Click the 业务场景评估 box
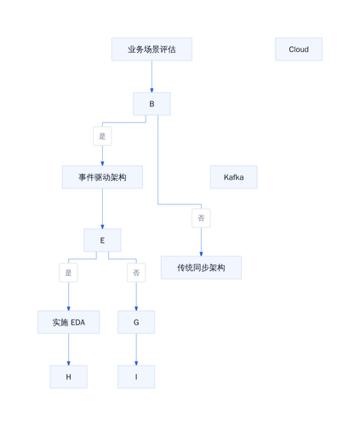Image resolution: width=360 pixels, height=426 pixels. tap(151, 49)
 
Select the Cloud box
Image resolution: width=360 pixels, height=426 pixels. tap(299, 49)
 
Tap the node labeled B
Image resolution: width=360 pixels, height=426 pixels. tap(151, 104)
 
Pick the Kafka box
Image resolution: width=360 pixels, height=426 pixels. tap(234, 177)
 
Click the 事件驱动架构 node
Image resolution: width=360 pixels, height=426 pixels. tap(102, 177)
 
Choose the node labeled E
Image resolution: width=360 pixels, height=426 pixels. tap(102, 240)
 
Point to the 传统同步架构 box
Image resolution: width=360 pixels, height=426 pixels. tap(201, 268)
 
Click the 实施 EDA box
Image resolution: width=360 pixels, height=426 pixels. tap(68, 322)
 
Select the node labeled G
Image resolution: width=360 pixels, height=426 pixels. tap(136, 322)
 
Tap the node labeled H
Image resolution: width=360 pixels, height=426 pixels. tap(68, 377)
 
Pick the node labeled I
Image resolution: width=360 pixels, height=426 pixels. tap(136, 377)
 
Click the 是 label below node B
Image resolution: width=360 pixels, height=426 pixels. tap(102, 136)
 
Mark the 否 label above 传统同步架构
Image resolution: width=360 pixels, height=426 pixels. tap(201, 218)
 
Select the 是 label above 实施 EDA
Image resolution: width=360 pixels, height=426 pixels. tap(68, 273)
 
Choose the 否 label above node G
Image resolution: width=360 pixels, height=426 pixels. tap(136, 273)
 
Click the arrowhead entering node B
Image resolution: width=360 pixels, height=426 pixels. tap(151, 90)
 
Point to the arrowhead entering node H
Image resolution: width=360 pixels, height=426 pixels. tap(68, 363)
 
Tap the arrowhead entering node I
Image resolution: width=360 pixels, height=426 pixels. tap(136, 363)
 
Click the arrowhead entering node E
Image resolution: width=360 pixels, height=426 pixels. tap(102, 227)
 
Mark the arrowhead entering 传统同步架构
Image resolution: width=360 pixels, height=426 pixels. tap(201, 254)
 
